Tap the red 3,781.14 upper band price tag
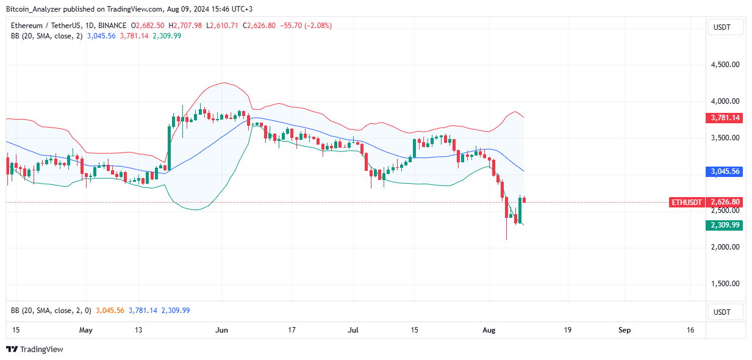tap(725, 118)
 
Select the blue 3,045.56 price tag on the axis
tap(725, 171)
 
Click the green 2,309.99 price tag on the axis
tap(725, 225)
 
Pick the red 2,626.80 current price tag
tap(725, 202)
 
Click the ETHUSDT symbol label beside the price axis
tap(687, 202)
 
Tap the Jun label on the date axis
tap(222, 330)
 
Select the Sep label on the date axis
tap(625, 330)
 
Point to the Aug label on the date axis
tap(489, 330)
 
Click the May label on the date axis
tap(86, 330)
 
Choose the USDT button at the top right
tap(725, 27)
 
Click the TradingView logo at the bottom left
tap(35, 350)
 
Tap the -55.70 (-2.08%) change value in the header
tap(307, 26)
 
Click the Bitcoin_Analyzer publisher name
tap(37, 9)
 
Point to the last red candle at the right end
tap(525, 200)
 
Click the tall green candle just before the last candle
tap(520, 209)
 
